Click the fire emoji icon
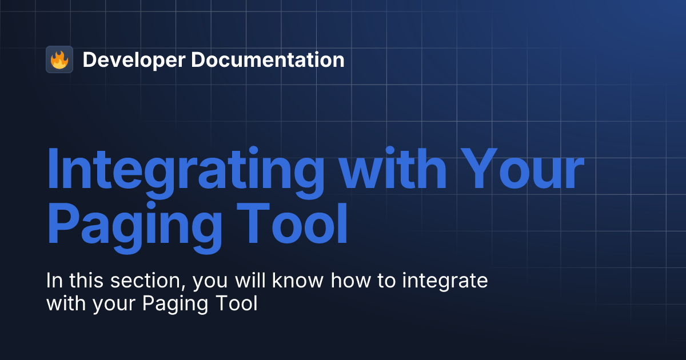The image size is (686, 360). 59,59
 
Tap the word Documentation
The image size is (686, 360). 268,60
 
